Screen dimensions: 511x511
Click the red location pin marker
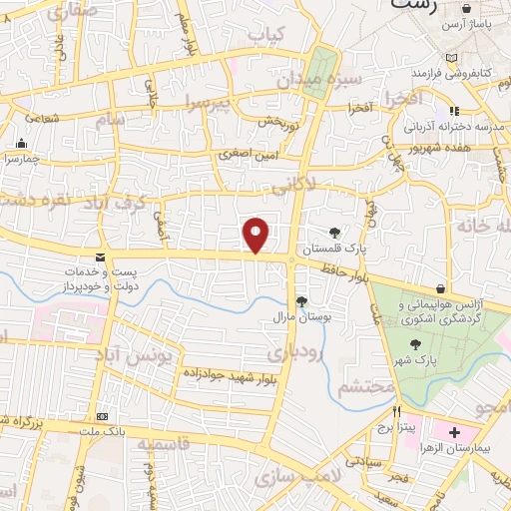click(x=256, y=236)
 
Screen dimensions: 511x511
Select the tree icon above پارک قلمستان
click(x=334, y=232)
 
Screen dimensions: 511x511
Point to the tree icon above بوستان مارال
click(x=301, y=301)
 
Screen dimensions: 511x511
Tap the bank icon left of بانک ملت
click(x=101, y=416)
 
